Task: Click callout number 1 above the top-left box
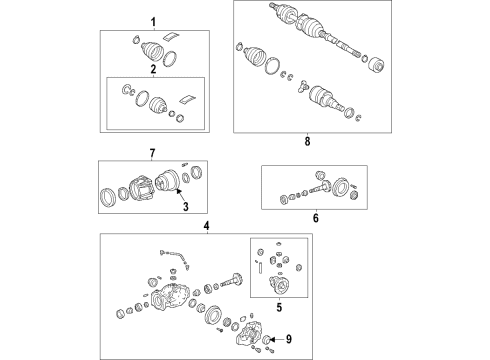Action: (x=153, y=23)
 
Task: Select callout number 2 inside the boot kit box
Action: (x=153, y=70)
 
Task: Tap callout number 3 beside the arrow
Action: (x=186, y=207)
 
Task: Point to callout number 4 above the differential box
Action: (x=207, y=226)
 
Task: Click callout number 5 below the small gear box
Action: (x=279, y=307)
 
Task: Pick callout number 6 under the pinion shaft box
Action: (x=316, y=218)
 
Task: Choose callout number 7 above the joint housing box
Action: (x=152, y=153)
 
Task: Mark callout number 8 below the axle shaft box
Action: (x=307, y=141)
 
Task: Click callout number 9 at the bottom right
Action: (x=289, y=339)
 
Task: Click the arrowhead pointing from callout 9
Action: (x=272, y=340)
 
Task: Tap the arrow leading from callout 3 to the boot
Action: (x=181, y=194)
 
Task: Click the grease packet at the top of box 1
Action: (x=170, y=36)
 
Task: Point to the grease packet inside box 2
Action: (x=187, y=99)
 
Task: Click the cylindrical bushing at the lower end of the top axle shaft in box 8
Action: (x=376, y=64)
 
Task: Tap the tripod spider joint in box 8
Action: (x=303, y=86)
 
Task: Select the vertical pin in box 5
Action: (x=260, y=268)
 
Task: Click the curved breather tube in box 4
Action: (x=175, y=257)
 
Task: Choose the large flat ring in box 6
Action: (x=340, y=187)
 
